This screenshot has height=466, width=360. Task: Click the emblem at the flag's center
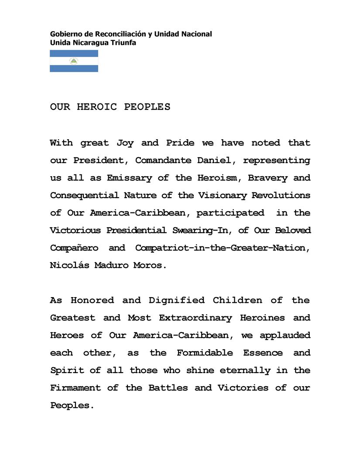click(74, 61)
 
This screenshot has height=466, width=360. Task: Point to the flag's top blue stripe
click(74, 53)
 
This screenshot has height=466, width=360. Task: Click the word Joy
click(125, 143)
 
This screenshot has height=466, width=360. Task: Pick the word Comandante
click(161, 161)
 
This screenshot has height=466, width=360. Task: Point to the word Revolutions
click(281, 195)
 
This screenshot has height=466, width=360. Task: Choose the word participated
click(230, 213)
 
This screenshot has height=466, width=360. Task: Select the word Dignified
click(176, 300)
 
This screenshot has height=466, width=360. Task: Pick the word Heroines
click(262, 318)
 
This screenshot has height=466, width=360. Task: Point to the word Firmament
click(75, 387)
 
